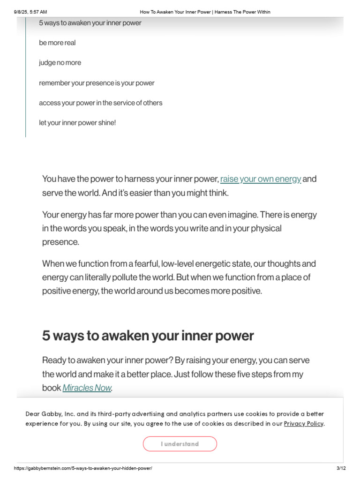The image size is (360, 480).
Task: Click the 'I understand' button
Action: pos(180,444)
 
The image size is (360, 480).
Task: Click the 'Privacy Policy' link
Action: pos(304,424)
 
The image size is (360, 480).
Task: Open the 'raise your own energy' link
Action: pos(261,179)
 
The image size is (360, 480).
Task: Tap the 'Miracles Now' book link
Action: pos(87,388)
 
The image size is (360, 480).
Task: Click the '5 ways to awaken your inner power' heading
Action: pos(148,336)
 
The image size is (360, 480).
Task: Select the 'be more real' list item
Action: pos(57,43)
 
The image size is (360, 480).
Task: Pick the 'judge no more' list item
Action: pos(60,63)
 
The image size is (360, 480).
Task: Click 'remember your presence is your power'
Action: pos(97,83)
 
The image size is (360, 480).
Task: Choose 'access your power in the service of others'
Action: pos(101,103)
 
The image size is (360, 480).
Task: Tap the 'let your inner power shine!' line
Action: pos(77,123)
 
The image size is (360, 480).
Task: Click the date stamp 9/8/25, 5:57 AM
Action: pos(30,12)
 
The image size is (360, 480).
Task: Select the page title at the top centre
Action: pos(205,12)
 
